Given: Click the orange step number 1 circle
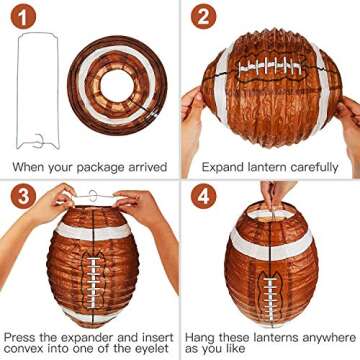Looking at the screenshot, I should [x=26, y=17].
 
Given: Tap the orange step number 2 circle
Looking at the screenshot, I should [x=207, y=17].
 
